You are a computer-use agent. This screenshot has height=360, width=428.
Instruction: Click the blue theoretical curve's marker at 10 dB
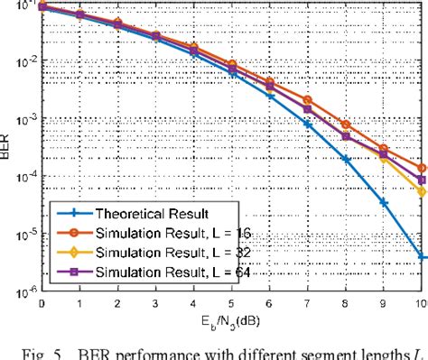422,257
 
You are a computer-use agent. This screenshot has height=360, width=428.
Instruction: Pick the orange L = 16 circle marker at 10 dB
422,168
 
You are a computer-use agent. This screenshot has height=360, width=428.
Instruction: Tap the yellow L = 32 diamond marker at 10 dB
422,191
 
